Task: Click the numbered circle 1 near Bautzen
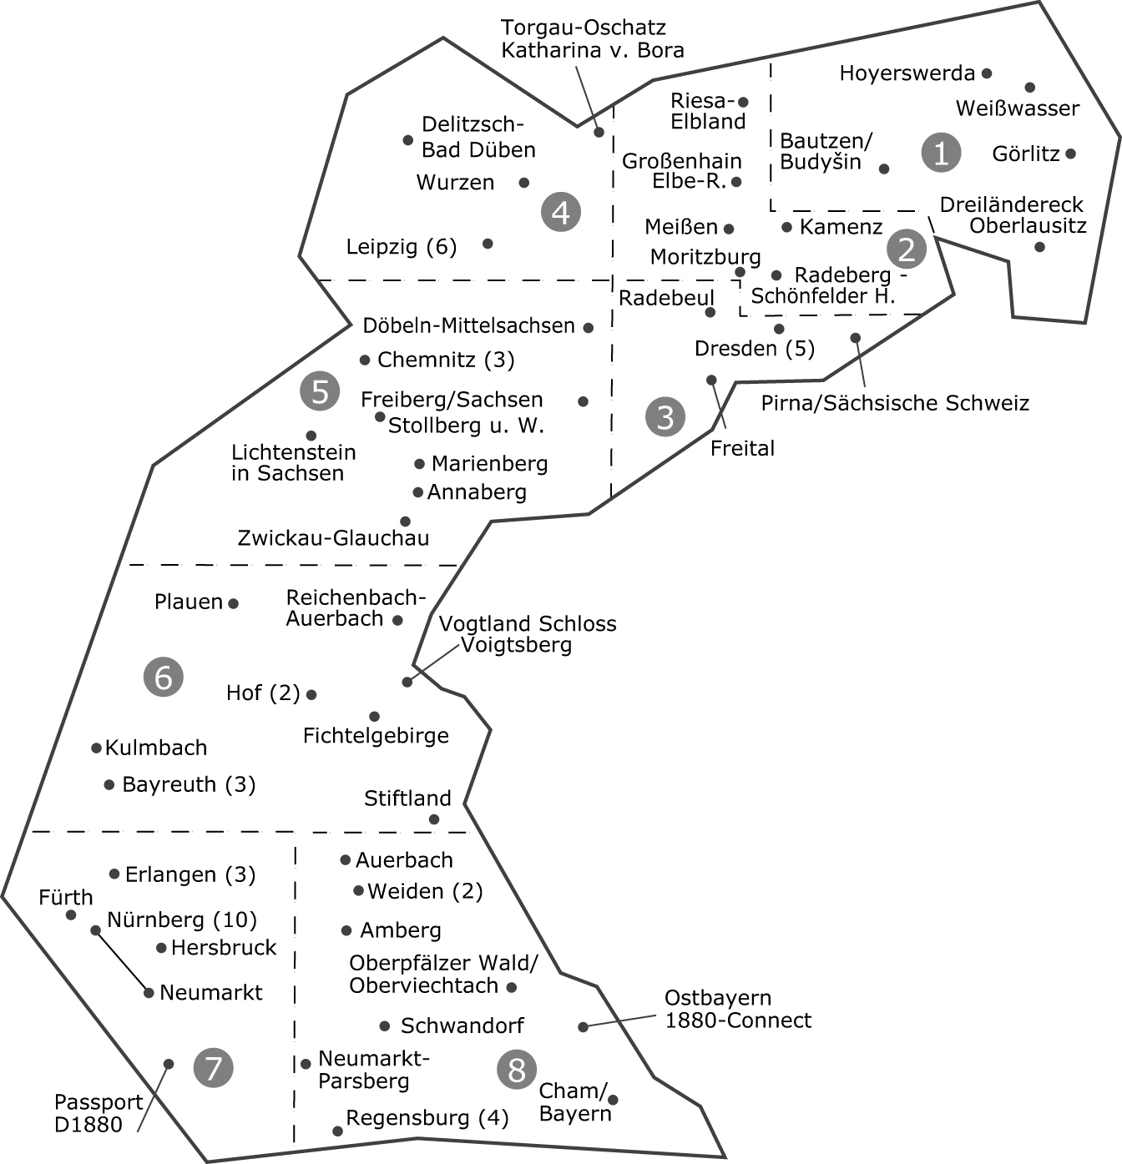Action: tap(941, 153)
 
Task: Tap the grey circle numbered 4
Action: tap(560, 212)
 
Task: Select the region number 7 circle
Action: tap(213, 1067)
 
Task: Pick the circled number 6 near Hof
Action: tap(164, 677)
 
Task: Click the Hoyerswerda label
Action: tap(907, 73)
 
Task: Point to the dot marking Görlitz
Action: tap(1070, 154)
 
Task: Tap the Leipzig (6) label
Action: tap(402, 247)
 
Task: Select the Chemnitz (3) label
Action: tap(446, 360)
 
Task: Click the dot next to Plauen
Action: tap(234, 603)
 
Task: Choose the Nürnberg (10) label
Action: tap(182, 920)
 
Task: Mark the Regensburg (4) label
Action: tap(427, 1118)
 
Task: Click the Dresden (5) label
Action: tap(755, 348)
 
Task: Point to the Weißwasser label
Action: tap(1017, 108)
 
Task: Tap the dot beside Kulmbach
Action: tap(97, 748)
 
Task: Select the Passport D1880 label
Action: tap(99, 1113)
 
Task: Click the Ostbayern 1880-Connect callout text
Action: tap(738, 1009)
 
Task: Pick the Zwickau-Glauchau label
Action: tap(333, 538)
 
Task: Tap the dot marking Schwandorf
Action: tap(385, 1026)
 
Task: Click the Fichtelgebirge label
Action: tap(376, 736)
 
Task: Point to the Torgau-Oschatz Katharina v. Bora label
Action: tap(592, 39)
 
